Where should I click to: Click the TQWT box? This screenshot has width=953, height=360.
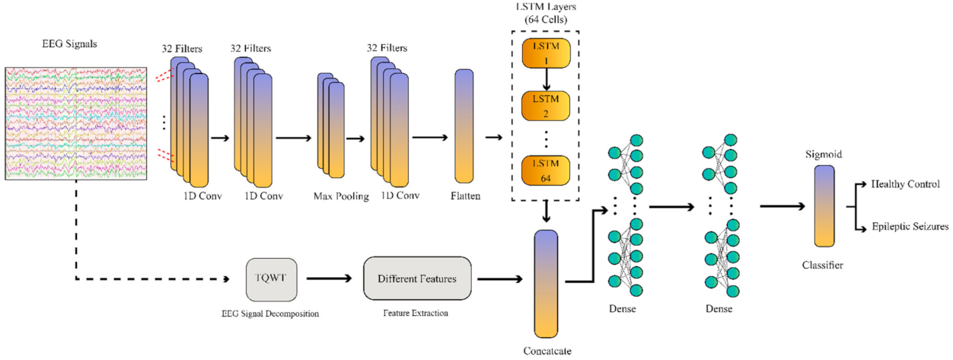(x=271, y=279)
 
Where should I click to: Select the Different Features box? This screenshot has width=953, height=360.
(x=417, y=279)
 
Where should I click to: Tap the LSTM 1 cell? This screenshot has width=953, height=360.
(x=545, y=53)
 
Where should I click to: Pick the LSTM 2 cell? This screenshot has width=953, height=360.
(x=545, y=107)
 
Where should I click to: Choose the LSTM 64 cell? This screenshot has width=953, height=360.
(x=545, y=171)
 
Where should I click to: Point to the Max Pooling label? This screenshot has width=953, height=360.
(x=340, y=196)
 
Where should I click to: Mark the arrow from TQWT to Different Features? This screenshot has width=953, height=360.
(x=329, y=279)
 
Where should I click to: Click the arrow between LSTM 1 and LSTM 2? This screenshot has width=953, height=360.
(x=545, y=80)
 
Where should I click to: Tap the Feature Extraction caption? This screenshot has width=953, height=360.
(x=417, y=314)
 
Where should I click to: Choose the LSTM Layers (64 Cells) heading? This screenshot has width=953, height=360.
(x=545, y=13)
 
